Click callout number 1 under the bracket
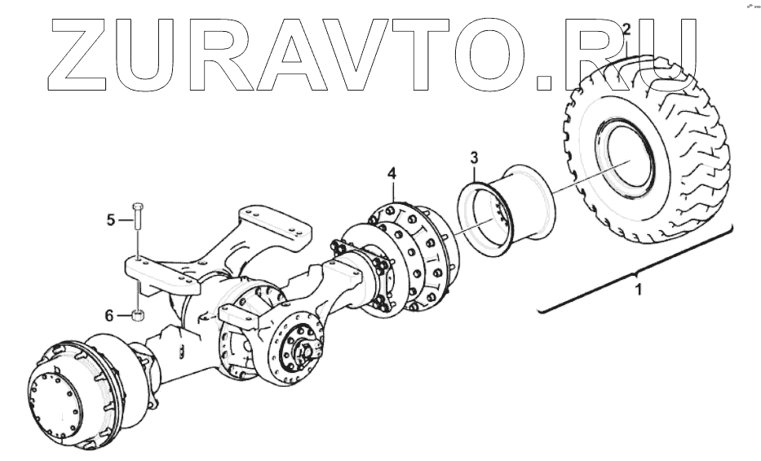(x=639, y=289)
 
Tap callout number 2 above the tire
(x=626, y=30)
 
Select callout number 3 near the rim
(x=475, y=157)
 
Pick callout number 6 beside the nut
(x=112, y=315)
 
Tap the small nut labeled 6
(x=138, y=317)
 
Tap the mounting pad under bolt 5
(x=163, y=273)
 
